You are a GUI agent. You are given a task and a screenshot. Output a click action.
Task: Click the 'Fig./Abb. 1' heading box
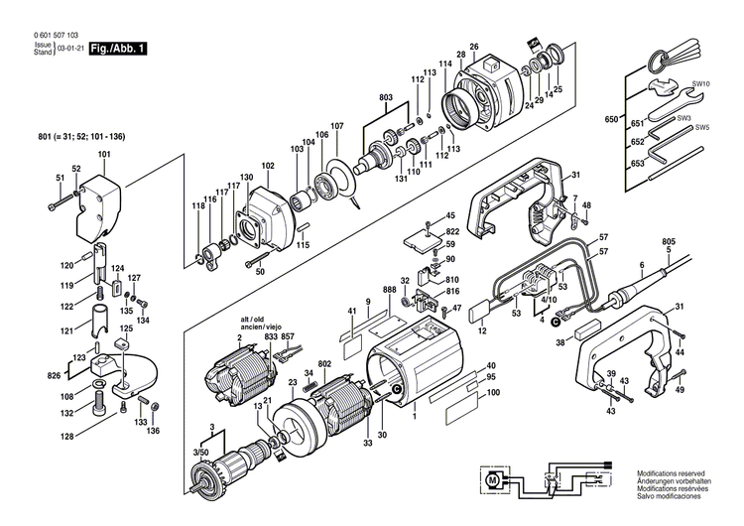117,47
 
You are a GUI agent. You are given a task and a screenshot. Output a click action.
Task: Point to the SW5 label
701,127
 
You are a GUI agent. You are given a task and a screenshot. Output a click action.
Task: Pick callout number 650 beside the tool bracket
611,118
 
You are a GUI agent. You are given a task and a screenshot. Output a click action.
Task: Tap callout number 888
388,289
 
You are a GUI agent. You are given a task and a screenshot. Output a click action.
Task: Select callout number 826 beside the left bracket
55,377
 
